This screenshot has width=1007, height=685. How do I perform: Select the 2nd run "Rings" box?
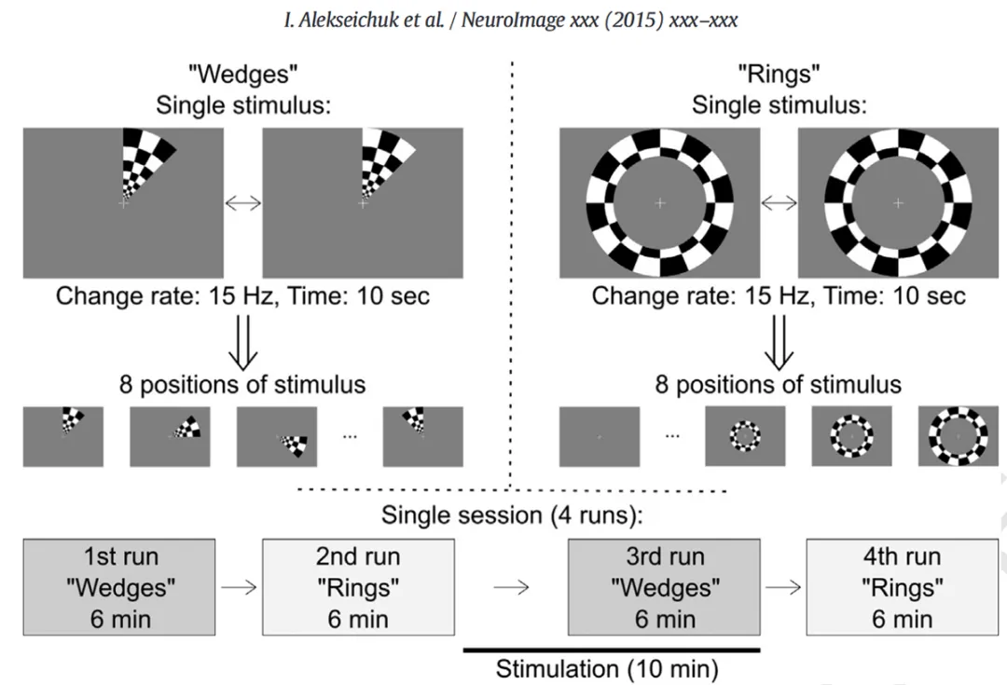click(358, 587)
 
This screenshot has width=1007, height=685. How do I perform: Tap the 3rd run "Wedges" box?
click(664, 587)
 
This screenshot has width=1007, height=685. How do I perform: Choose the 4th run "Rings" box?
click(901, 587)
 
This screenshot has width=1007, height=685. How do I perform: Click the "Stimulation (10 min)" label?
click(607, 668)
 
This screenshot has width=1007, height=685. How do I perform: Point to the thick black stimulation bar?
click(612, 650)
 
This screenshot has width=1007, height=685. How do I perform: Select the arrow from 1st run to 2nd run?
click(238, 587)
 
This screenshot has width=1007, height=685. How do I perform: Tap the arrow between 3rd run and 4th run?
click(783, 587)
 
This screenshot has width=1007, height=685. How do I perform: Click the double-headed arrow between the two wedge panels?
click(243, 203)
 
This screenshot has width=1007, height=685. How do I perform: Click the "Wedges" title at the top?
click(243, 75)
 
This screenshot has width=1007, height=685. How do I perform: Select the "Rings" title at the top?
click(779, 75)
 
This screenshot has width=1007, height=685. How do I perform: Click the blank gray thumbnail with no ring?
click(599, 436)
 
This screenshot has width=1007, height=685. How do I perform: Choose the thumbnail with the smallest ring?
click(744, 436)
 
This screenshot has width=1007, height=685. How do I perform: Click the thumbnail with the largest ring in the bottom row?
click(958, 436)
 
